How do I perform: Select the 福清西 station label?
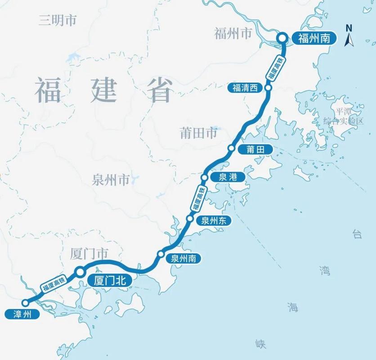[245, 88]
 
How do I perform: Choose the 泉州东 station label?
[213, 220]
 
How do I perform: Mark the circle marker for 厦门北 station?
[80, 271]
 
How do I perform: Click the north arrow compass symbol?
[349, 36]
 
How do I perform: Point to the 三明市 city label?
[58, 20]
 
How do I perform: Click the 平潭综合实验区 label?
[344, 116]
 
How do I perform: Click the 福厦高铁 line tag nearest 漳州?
[54, 283]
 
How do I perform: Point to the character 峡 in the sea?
[260, 344]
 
